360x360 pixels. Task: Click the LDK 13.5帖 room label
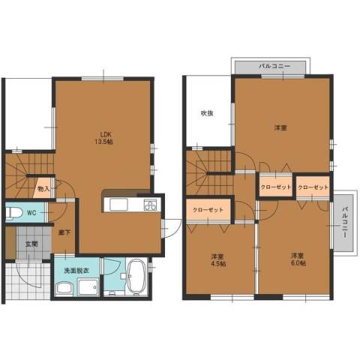pyautogui.click(x=103, y=137)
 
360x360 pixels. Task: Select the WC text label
pyautogui.click(x=31, y=213)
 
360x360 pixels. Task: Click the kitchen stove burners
pyautogui.click(x=150, y=205)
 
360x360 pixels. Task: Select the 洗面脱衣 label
pyautogui.click(x=76, y=271)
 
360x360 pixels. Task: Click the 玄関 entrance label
pyautogui.click(x=31, y=244)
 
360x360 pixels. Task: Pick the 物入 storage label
pyautogui.click(x=43, y=188)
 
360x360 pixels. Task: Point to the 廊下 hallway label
pyautogui.click(x=64, y=232)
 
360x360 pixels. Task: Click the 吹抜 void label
pyautogui.click(x=207, y=113)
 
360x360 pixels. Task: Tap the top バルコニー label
pyautogui.click(x=274, y=66)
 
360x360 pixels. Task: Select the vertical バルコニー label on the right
pyautogui.click(x=345, y=222)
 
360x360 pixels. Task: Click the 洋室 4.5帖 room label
pyautogui.click(x=218, y=260)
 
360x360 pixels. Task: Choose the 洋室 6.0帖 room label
pyautogui.click(x=298, y=259)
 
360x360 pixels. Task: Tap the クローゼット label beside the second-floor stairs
pyautogui.click(x=208, y=210)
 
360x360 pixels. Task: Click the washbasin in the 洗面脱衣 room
pyautogui.click(x=64, y=288)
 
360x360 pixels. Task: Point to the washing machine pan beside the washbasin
pyautogui.click(x=88, y=287)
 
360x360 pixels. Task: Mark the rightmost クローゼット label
pyautogui.click(x=313, y=187)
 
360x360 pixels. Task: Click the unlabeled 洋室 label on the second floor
pyautogui.click(x=280, y=128)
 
